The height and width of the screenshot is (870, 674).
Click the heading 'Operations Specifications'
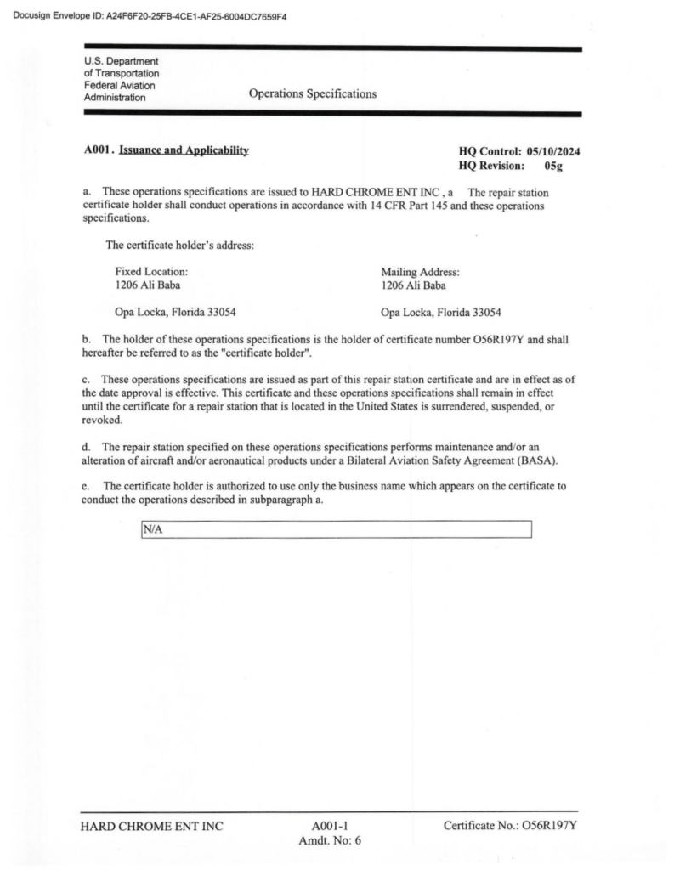tap(313, 93)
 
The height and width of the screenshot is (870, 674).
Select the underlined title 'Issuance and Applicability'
tap(184, 150)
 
